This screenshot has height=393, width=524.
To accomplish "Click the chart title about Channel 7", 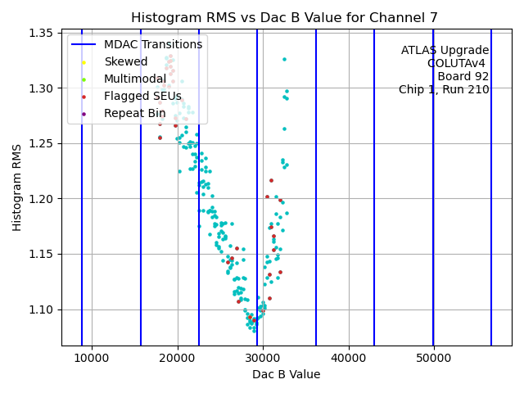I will pos(284,17).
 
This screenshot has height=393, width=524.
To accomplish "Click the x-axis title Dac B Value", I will pos(286,374).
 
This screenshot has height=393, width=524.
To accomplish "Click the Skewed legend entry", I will pos(125,62).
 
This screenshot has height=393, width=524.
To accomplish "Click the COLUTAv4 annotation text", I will pos(458,64).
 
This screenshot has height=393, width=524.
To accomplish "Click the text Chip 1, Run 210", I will pos(444,90).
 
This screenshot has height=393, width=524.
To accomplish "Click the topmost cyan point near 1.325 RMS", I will pos(284,59).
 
